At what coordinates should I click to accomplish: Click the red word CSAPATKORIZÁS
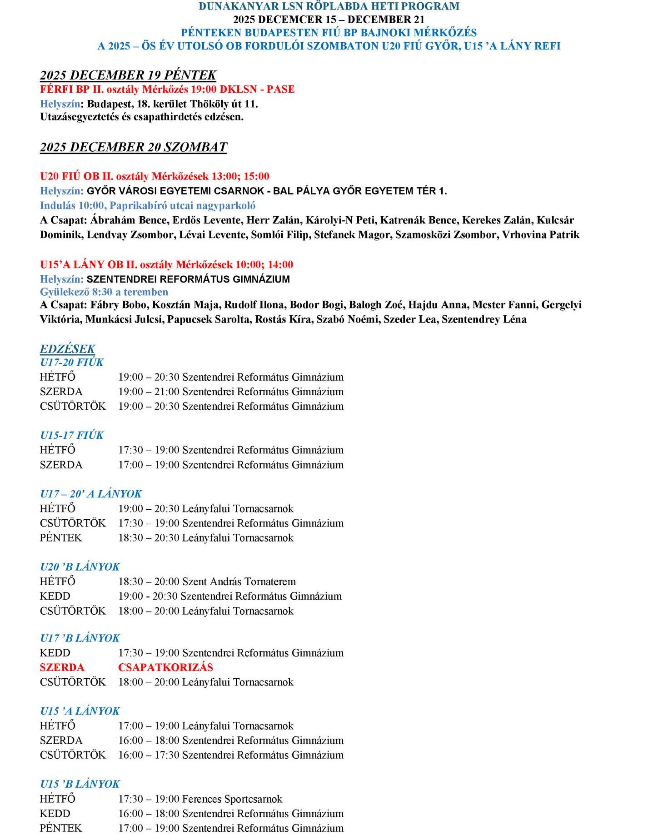(x=165, y=667)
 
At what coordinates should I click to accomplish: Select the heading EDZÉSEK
(x=67, y=349)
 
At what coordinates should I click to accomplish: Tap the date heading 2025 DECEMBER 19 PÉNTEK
(x=128, y=75)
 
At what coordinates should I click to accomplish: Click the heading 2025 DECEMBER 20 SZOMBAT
(x=133, y=147)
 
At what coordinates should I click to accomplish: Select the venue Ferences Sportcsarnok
(x=232, y=799)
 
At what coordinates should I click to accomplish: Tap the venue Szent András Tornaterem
(x=239, y=582)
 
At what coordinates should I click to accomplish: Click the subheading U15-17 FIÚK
(x=71, y=435)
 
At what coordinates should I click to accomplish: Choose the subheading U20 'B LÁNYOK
(x=80, y=567)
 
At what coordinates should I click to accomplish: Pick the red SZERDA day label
(x=62, y=667)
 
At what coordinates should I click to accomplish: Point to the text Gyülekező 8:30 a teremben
(x=104, y=292)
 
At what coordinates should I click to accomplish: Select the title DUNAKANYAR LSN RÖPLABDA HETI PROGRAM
(x=329, y=6)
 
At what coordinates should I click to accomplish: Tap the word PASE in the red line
(x=280, y=89)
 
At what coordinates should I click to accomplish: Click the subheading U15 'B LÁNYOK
(x=80, y=784)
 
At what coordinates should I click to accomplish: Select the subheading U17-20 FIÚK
(x=71, y=363)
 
